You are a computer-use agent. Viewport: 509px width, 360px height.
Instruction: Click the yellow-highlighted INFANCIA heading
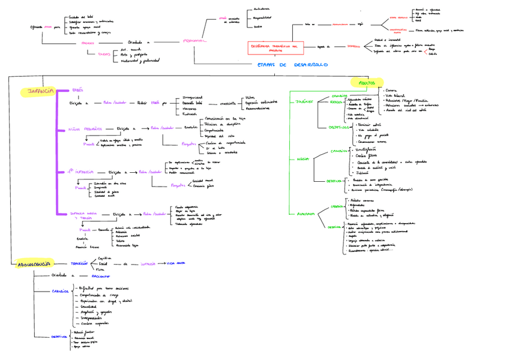[x=37, y=91]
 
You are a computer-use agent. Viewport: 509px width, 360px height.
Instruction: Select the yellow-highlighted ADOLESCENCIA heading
[x=33, y=263]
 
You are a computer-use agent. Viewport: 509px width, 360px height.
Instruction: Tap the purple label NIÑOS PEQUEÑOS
[x=86, y=128]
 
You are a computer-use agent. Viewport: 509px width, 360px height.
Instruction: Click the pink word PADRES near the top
[x=87, y=43]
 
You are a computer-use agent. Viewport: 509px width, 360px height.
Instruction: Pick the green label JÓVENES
[x=305, y=101]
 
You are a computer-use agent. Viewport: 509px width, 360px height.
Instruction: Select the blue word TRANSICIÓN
[x=79, y=263]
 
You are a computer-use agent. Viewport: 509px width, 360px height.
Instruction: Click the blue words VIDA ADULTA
[x=176, y=263]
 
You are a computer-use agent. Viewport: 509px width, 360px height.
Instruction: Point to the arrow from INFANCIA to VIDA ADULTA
[x=162, y=263]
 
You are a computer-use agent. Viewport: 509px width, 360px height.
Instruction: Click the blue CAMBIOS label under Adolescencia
[x=61, y=291]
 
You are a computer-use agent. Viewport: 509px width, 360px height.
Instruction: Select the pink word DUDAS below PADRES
[x=104, y=54]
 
